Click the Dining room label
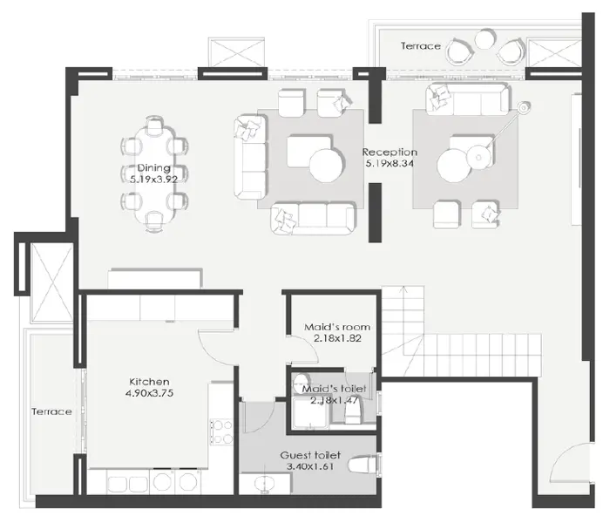[x=154, y=168]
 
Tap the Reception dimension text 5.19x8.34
[x=390, y=164]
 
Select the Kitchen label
[x=149, y=382]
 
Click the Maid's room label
[x=337, y=327]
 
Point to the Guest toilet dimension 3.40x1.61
[x=310, y=467]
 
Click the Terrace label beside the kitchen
[x=51, y=411]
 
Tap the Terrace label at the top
[x=421, y=46]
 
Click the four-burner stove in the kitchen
[x=221, y=432]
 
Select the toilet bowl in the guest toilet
[x=362, y=465]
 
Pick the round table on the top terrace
[x=486, y=39]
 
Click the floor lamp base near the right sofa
[x=524, y=108]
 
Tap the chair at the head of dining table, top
[x=154, y=124]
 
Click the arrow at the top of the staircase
[x=403, y=290]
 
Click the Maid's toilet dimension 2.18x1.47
[x=335, y=401]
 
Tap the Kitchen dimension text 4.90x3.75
[x=149, y=393]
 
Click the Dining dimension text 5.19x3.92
[x=154, y=180]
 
